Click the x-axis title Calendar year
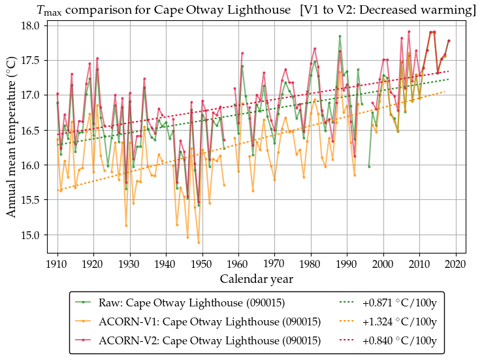pos(256,279)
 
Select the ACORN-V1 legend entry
pos(210,322)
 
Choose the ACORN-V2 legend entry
pos(210,341)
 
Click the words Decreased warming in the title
pos(421,10)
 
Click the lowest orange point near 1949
pos(199,242)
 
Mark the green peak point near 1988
pos(340,36)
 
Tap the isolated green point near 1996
pos(369,167)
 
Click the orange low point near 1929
pos(126,225)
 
